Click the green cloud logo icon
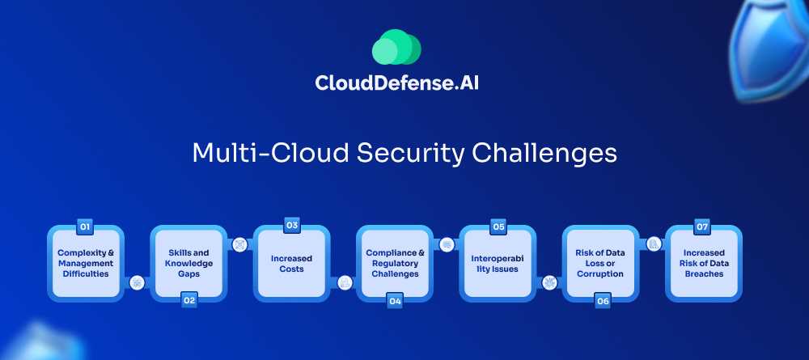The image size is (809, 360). [396, 47]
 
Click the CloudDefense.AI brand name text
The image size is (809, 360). [396, 83]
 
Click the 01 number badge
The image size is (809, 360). [85, 227]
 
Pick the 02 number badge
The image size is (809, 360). [189, 300]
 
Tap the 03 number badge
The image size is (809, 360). [292, 226]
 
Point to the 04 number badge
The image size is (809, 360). [396, 301]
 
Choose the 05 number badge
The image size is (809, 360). [498, 227]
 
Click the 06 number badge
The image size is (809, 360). [603, 301]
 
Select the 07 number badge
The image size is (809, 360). [701, 227]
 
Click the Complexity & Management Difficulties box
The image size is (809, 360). [86, 264]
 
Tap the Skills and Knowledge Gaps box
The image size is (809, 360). [188, 264]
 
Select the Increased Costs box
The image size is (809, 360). [292, 264]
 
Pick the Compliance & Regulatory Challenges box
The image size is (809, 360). [396, 264]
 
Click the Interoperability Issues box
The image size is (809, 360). [498, 264]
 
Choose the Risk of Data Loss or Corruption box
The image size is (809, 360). [600, 264]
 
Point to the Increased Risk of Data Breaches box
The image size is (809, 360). [704, 264]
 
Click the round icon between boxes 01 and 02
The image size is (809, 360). [138, 282]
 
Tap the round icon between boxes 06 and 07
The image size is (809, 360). [654, 244]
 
